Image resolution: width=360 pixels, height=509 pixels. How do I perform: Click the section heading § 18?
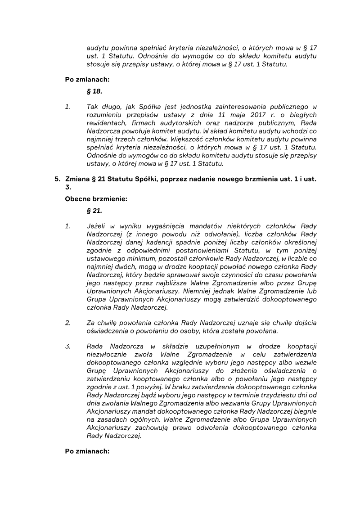[94, 91]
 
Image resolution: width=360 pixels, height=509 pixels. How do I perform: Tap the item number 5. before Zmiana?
[58, 179]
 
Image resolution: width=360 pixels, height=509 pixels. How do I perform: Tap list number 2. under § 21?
[68, 323]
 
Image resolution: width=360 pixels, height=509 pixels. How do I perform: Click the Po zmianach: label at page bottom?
[87, 451]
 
